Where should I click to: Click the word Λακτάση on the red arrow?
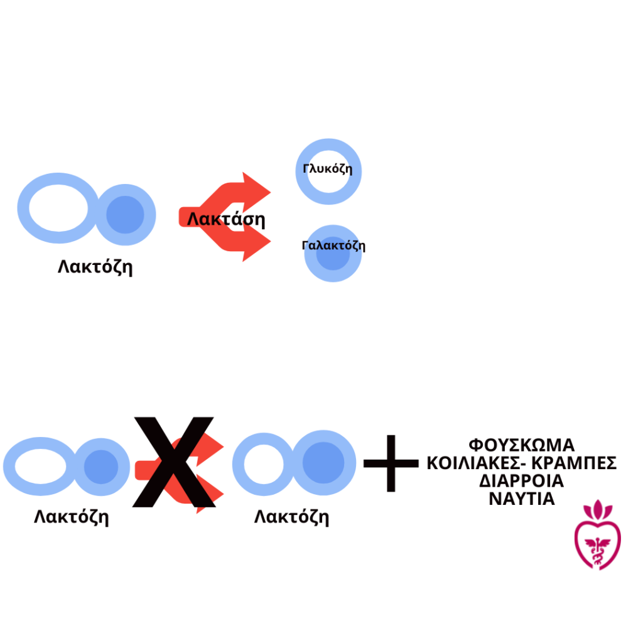coord(226,219)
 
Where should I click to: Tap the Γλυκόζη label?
coord(327,168)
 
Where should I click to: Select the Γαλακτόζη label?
coord(333,246)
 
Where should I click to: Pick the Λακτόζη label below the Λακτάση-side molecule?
coord(95,267)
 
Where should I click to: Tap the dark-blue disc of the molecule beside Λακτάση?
coord(125,215)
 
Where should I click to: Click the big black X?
coord(174,462)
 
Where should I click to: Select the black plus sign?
coord(391,463)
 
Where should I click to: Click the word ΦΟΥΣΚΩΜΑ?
coord(522,445)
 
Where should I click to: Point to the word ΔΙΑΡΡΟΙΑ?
coord(522,481)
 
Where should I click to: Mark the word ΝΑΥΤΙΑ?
coord(522,499)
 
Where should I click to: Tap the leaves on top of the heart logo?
coord(598,510)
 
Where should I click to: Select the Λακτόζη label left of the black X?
coord(72,517)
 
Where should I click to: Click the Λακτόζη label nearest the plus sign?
coord(291,517)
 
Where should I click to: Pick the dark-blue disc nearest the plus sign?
coord(323,463)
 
